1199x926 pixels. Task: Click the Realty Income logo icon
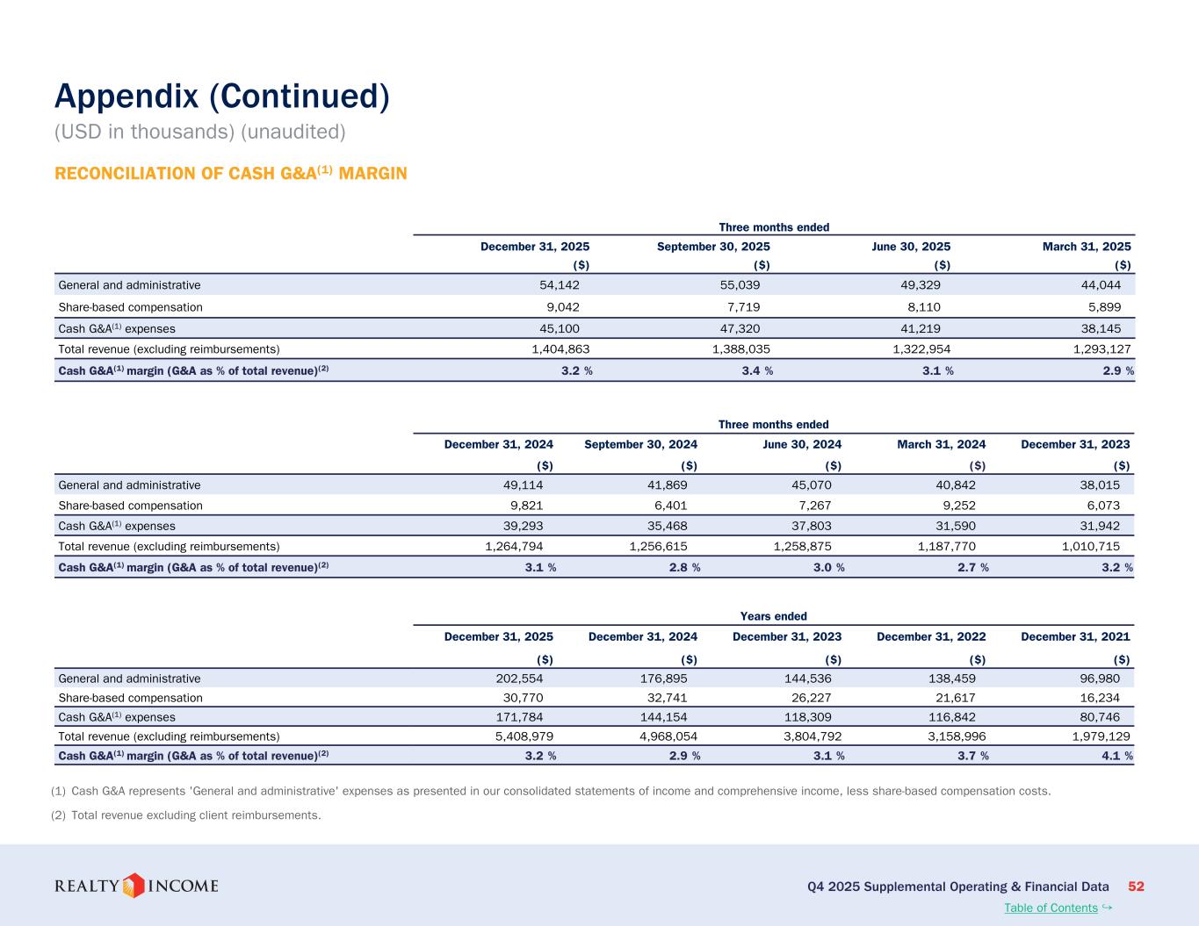[x=133, y=886]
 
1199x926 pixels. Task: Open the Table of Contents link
[x=1051, y=908]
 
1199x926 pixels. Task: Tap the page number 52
[x=1136, y=887]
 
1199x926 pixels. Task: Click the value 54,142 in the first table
[x=559, y=285]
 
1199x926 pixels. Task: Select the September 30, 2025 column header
[x=713, y=247]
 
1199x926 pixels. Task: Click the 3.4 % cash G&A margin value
[x=752, y=370]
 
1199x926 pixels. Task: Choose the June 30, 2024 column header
[x=802, y=444]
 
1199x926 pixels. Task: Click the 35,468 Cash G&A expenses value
[x=667, y=526]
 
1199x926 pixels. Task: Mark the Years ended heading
[x=774, y=616]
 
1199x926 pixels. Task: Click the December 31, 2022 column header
[x=931, y=636]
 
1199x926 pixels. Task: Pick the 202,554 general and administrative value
[x=524, y=678]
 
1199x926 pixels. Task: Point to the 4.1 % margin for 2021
[x=1112, y=756]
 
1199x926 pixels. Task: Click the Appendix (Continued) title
[x=221, y=97]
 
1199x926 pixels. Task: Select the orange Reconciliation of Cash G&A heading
[x=230, y=174]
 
